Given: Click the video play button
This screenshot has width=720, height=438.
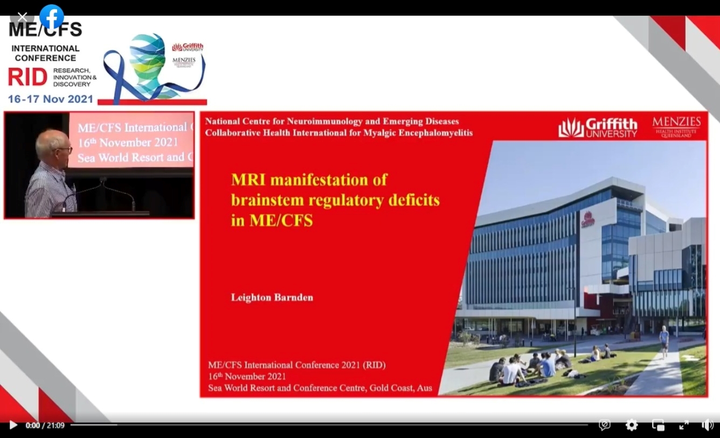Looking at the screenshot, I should (13, 425).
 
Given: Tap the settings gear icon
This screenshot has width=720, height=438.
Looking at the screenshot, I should (632, 425).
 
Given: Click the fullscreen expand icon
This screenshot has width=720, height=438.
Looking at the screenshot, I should (684, 425).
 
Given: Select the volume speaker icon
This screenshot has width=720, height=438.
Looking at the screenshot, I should (708, 425).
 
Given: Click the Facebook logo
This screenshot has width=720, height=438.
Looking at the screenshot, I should (52, 17).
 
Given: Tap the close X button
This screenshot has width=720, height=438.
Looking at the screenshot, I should (22, 17).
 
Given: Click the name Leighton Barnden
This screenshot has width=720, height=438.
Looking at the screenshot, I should (272, 298).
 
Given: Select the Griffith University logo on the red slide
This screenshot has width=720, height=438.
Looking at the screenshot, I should (598, 128).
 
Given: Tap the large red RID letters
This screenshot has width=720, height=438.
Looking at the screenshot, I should (27, 77).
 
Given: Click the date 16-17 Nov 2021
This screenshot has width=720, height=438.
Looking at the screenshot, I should (50, 99).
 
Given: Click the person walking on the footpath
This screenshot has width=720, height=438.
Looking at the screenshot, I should (664, 340).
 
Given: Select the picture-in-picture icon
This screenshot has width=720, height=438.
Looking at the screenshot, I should (658, 425).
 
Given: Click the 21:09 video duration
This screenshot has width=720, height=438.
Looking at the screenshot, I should (56, 426).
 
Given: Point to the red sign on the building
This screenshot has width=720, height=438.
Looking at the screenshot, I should (587, 219).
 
